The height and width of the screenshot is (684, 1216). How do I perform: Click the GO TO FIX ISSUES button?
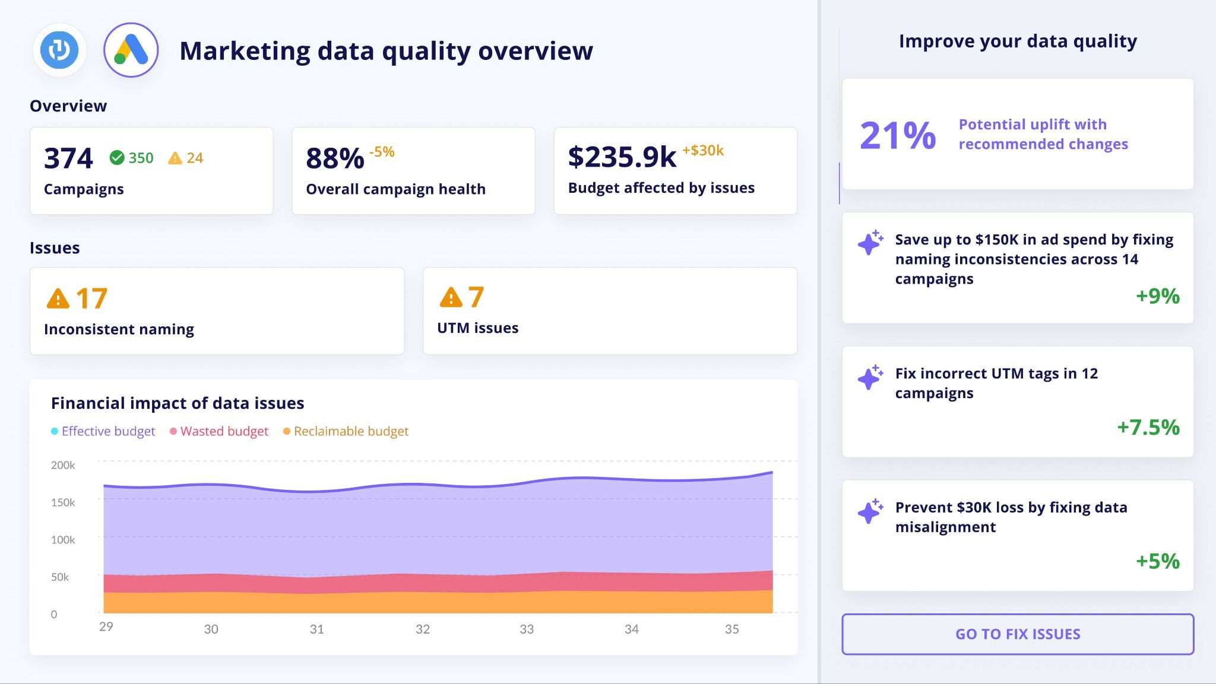(x=1017, y=634)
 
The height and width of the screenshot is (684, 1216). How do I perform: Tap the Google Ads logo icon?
(x=131, y=50)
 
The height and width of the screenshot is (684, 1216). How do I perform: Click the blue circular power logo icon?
(x=59, y=50)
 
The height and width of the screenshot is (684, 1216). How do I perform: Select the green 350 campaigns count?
(x=132, y=158)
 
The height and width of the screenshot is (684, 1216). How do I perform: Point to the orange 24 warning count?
(x=186, y=158)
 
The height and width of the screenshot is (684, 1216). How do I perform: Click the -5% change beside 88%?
(x=382, y=152)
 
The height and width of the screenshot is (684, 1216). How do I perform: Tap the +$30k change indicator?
(x=703, y=151)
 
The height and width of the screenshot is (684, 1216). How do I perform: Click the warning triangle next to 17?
(x=58, y=298)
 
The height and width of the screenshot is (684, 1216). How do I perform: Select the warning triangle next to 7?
(x=451, y=297)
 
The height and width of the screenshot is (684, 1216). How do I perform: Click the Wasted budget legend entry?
(x=219, y=431)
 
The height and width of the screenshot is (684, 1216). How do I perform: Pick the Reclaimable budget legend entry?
(x=346, y=431)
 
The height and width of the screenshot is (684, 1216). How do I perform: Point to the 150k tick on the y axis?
(x=63, y=502)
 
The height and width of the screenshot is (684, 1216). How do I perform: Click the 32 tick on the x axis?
(x=422, y=629)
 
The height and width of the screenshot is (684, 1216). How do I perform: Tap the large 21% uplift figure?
(x=897, y=135)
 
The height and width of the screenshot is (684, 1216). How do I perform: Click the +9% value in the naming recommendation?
(x=1157, y=296)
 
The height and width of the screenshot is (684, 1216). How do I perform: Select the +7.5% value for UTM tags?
(x=1148, y=427)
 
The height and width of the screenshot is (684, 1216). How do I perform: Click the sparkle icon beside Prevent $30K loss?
(x=870, y=511)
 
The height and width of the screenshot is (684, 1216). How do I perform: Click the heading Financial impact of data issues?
(x=178, y=403)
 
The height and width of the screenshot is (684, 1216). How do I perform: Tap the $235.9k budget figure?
(x=622, y=157)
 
